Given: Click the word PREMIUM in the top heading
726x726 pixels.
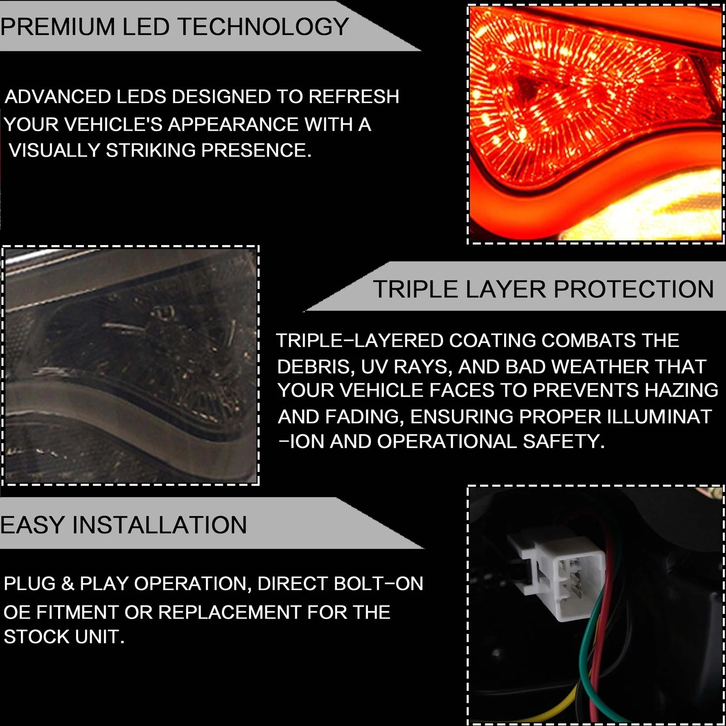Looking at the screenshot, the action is [x=58, y=27].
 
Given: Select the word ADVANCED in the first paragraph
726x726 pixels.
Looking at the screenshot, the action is [x=58, y=97].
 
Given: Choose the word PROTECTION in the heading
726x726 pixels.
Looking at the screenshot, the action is [x=634, y=289].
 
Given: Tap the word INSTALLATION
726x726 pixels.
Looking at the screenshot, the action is [x=160, y=525].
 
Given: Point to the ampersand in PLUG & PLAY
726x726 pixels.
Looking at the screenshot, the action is [x=67, y=584].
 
